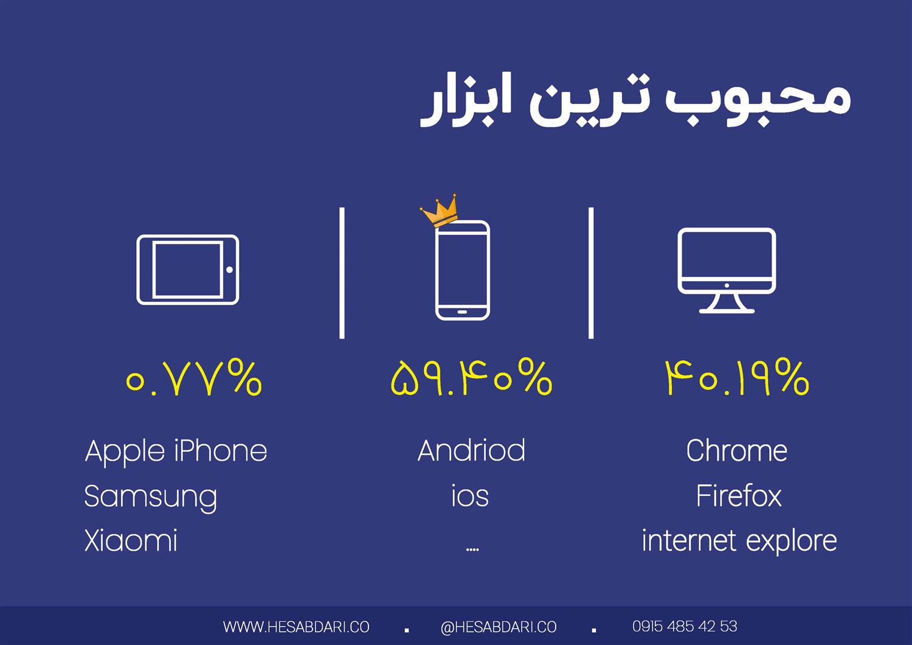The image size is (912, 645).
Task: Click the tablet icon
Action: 137,270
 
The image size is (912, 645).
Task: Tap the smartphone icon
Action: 436,270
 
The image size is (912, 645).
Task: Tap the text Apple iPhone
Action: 176,452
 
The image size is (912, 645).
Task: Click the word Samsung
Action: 151,498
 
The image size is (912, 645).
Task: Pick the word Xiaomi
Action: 131,541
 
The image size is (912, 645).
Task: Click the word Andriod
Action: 471,451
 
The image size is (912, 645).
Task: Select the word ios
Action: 470,496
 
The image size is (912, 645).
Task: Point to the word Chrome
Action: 737,451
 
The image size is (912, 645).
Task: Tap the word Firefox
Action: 739,496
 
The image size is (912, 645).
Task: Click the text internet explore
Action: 739,542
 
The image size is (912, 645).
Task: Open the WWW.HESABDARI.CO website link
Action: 296,627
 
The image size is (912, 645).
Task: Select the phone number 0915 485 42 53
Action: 685,626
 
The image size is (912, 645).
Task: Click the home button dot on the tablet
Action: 229,270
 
